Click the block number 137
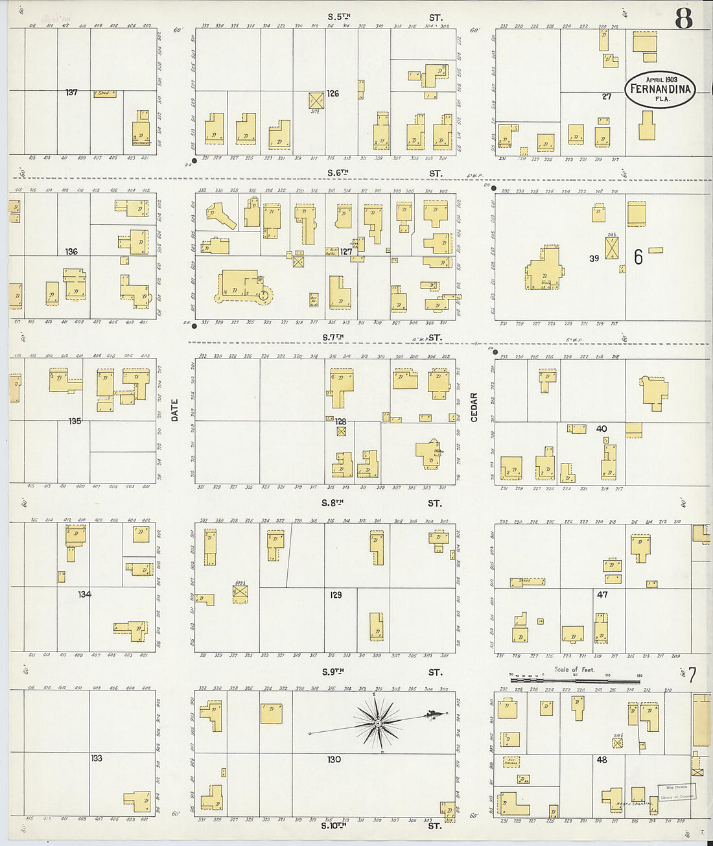coord(71,93)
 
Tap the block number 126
coord(333,93)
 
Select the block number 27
coord(606,97)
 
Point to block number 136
coord(71,252)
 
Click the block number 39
coord(594,258)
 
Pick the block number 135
coord(75,421)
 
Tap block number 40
coord(602,429)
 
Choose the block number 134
coord(84,594)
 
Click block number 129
coord(336,594)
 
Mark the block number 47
coord(602,594)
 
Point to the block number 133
coord(97,758)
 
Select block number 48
coord(602,759)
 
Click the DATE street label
coord(175,410)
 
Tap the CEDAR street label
coord(474,407)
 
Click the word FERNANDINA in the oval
coord(660,89)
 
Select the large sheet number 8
coord(683,19)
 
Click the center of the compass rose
coord(377,722)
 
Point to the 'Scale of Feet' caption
coord(574,670)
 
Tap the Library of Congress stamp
coord(677,791)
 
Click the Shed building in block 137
coord(104,94)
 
